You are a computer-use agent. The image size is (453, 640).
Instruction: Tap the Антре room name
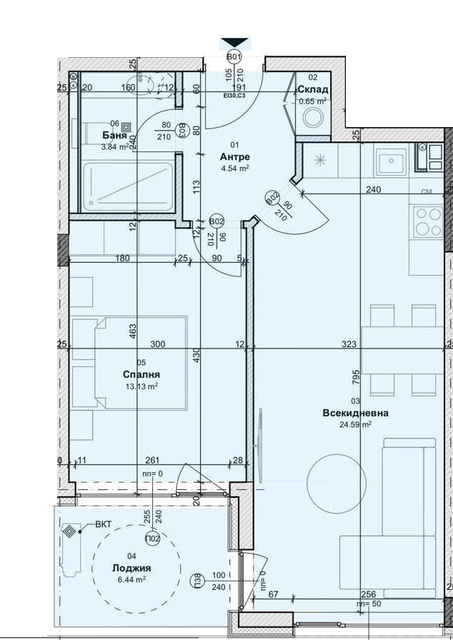tap(234, 156)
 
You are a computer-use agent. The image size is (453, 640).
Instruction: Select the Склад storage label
tap(313, 89)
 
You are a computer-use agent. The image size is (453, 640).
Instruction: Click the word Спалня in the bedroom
tap(141, 374)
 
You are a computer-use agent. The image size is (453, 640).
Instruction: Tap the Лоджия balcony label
tap(131, 568)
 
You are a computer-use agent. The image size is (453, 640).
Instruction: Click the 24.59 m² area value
tap(356, 424)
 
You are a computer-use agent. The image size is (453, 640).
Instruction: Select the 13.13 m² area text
tap(141, 386)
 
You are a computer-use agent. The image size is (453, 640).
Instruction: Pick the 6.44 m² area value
tap(131, 580)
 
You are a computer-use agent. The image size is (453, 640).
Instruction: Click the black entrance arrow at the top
tap(234, 44)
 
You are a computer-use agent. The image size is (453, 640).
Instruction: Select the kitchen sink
tap(390, 161)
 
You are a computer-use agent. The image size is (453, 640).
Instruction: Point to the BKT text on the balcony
tap(104, 525)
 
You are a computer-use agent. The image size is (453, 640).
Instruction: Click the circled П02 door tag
tap(151, 539)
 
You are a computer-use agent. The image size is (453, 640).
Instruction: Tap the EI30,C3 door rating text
tap(234, 96)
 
